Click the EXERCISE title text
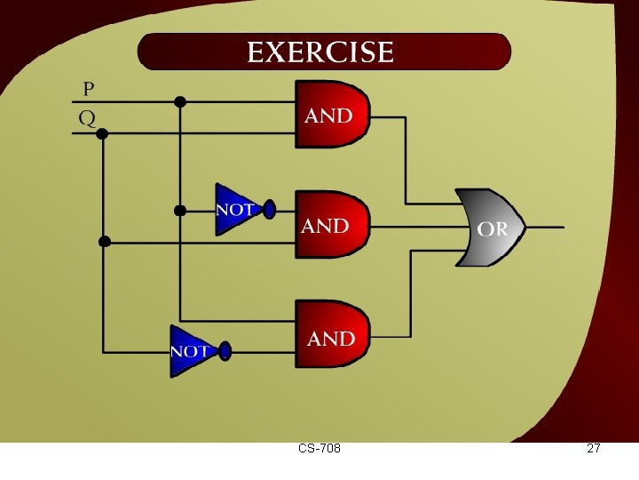(320, 52)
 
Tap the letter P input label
(89, 89)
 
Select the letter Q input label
(88, 118)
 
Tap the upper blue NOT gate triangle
(236, 210)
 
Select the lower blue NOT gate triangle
(192, 350)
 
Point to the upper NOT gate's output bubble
(270, 210)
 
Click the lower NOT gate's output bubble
(225, 350)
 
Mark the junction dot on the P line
(180, 102)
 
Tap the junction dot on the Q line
(102, 133)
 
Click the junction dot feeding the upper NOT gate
(179, 211)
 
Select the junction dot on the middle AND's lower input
(104, 241)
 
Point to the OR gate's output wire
(544, 227)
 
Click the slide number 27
(594, 449)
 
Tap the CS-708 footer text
(319, 449)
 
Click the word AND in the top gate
(329, 116)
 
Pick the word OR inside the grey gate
(493, 229)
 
